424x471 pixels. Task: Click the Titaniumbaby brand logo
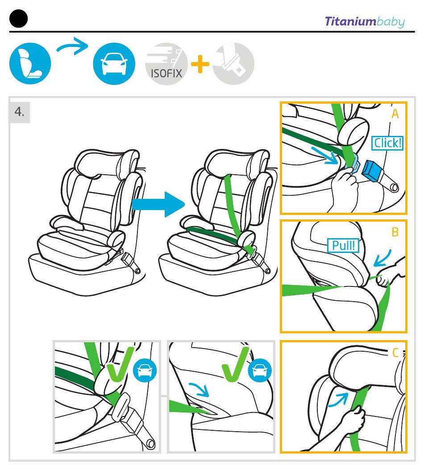click(x=364, y=21)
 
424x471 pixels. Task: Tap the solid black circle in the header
click(x=18, y=19)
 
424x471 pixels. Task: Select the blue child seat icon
click(x=30, y=63)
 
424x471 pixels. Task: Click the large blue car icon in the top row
click(x=114, y=63)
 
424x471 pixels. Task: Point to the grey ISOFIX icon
click(x=166, y=63)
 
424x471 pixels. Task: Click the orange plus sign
click(x=200, y=64)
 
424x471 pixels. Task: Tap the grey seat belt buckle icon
click(x=233, y=63)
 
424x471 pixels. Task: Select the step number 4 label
click(x=20, y=112)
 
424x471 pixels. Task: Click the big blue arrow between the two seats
click(x=158, y=205)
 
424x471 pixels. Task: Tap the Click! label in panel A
click(x=387, y=143)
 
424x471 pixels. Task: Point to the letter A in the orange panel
click(x=395, y=114)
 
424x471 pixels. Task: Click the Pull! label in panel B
click(x=343, y=245)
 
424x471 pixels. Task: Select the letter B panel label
click(x=395, y=232)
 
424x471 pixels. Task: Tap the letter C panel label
click(x=395, y=353)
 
